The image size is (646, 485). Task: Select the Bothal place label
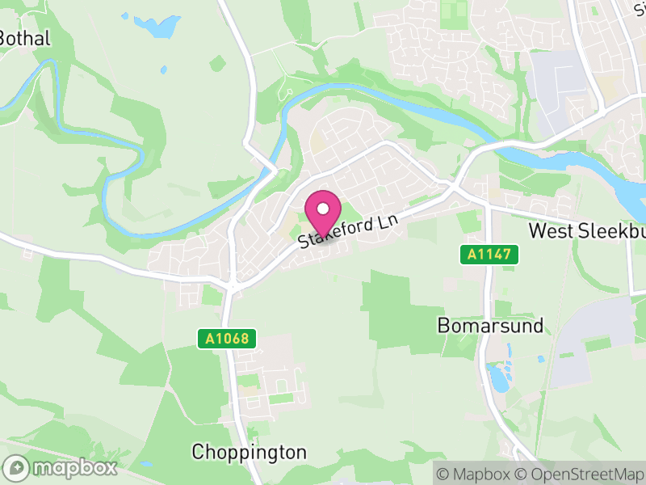pos(25,38)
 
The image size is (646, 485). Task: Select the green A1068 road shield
pos(227,339)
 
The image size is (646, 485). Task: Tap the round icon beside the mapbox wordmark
pos(18,467)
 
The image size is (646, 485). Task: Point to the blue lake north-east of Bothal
pos(157,26)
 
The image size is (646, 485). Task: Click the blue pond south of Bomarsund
pos(499,377)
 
